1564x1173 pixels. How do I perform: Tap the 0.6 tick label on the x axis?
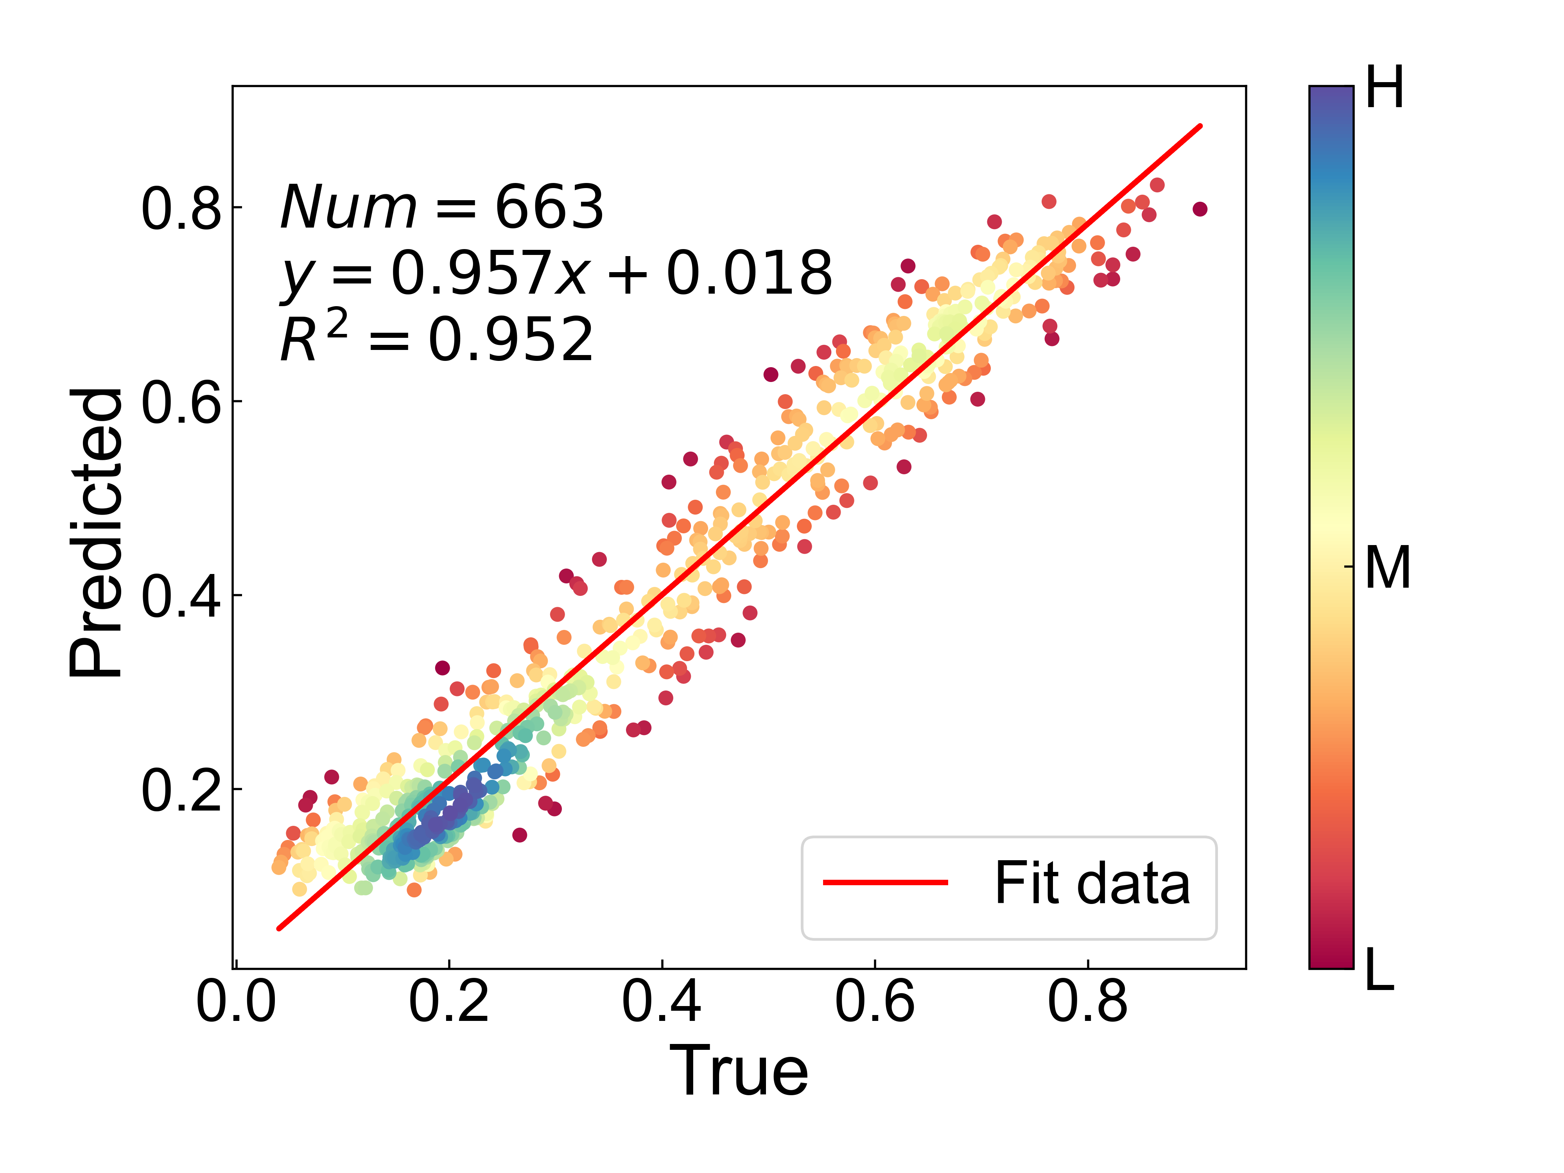pos(875,1003)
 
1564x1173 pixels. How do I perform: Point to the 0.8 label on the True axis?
pos(1087,1003)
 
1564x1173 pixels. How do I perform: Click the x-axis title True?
pos(739,1072)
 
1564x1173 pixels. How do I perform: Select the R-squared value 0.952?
pos(511,339)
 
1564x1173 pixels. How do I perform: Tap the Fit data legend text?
pos(1092,883)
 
